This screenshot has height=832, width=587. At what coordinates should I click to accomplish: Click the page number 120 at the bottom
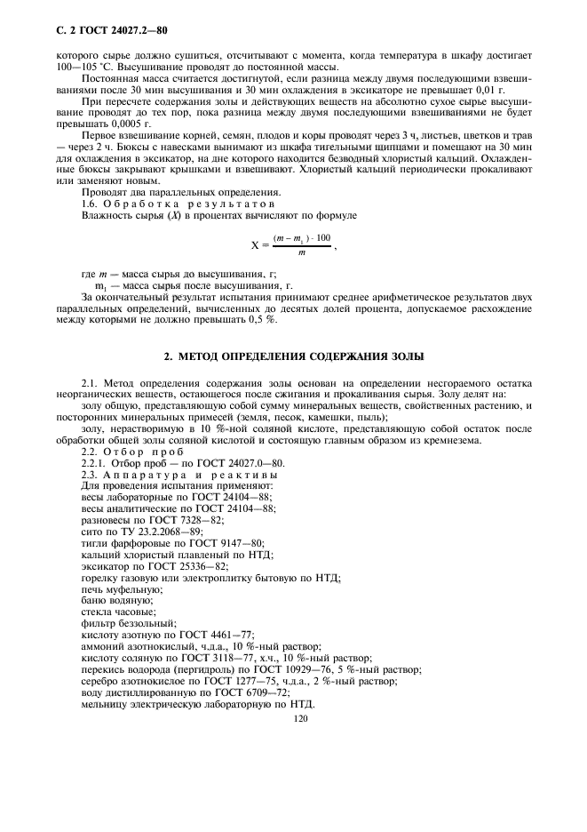298,721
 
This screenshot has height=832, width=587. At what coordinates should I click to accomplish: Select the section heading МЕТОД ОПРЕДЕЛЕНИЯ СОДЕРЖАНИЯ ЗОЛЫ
297,356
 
